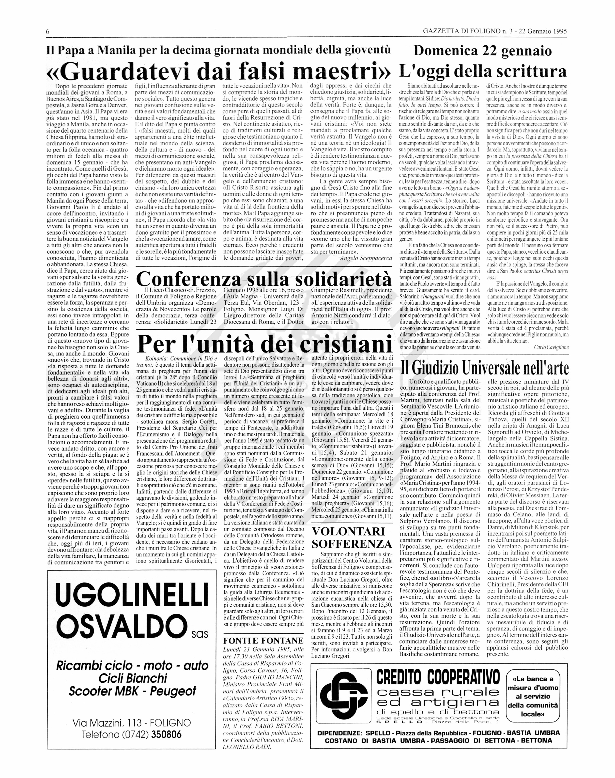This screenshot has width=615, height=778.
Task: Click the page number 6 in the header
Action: tap(48, 32)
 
